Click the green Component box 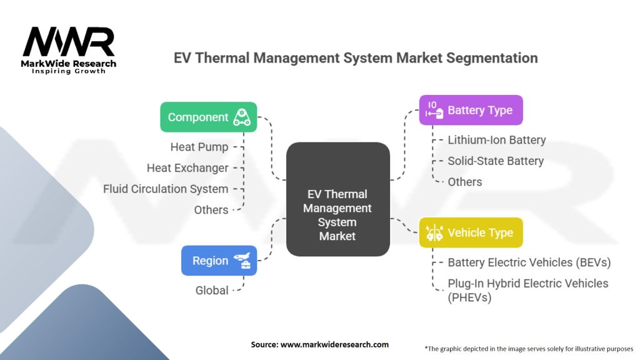point(209,117)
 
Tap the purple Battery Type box point(471,110)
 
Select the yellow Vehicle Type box point(471,232)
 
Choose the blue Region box point(219,261)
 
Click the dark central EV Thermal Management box point(338,199)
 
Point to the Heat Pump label point(199,147)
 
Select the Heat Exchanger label point(187,167)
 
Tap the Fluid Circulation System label point(165,189)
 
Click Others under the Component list point(211,210)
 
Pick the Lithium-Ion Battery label point(497,140)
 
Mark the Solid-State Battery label point(496,161)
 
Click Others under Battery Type point(465,182)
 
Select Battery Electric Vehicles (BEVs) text point(529,262)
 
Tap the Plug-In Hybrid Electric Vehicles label point(528,290)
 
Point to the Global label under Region point(212,290)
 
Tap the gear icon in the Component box point(242,117)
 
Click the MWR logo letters point(69,42)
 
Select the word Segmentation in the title point(492,58)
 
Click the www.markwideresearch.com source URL point(335,344)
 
